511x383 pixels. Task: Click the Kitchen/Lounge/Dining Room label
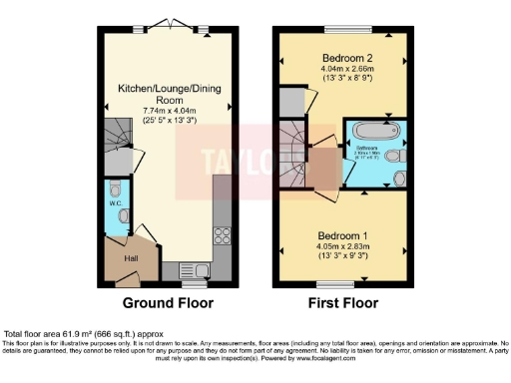coord(168,96)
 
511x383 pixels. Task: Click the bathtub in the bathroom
coord(373,131)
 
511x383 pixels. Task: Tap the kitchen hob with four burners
coord(222,236)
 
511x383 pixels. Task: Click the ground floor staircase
coord(117,132)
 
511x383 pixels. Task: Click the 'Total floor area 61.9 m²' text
coord(72,333)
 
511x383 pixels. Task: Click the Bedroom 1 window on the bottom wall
coord(342,284)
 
